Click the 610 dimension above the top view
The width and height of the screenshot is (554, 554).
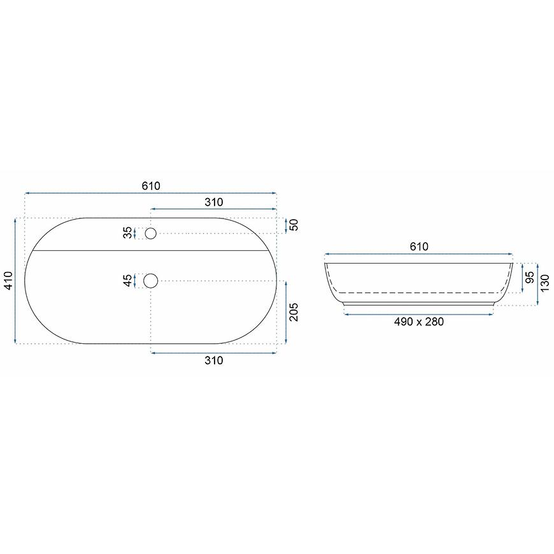pos(151,186)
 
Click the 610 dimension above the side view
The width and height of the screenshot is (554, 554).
pos(419,246)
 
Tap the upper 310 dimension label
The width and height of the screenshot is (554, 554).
pos(214,202)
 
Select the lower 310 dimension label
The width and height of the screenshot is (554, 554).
pos(214,360)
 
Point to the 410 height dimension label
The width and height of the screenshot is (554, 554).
pos(8,280)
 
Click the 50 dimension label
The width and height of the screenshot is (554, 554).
pos(294,225)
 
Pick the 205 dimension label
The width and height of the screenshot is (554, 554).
pos(294,312)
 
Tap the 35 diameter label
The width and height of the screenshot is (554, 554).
pos(128,233)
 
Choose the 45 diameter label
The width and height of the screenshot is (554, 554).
pos(128,281)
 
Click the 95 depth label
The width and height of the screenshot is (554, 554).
pos(530,278)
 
